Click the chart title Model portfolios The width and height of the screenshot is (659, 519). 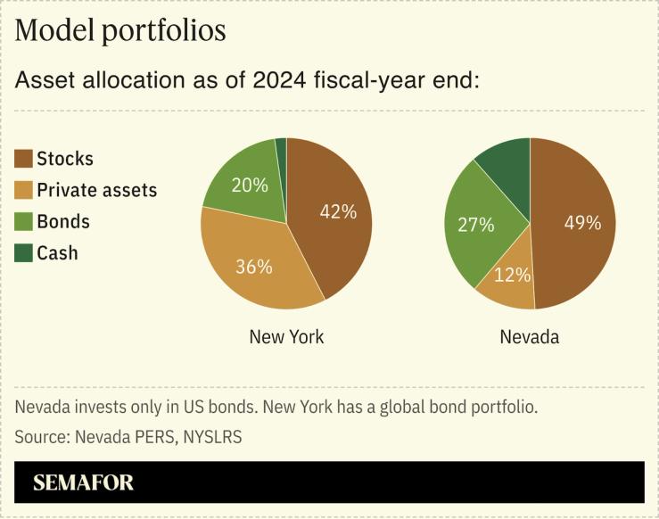[x=120, y=31]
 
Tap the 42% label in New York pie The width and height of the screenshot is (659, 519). [x=338, y=212]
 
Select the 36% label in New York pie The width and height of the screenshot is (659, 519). [x=254, y=267]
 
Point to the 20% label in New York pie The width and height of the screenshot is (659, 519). [x=250, y=185]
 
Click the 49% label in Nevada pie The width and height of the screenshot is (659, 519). [x=582, y=223]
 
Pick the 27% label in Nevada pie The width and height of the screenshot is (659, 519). [x=475, y=225]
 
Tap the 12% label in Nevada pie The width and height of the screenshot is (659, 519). [x=513, y=276]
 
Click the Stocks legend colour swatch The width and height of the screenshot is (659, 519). [x=24, y=160]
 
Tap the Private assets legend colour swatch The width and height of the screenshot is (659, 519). [x=24, y=191]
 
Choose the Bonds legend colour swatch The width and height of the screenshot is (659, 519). [x=24, y=222]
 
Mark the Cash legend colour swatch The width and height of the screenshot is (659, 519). [x=24, y=253]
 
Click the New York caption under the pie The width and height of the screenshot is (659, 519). [x=286, y=337]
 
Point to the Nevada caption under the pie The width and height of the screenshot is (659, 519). [x=530, y=337]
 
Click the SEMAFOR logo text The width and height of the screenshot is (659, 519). [x=83, y=483]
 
